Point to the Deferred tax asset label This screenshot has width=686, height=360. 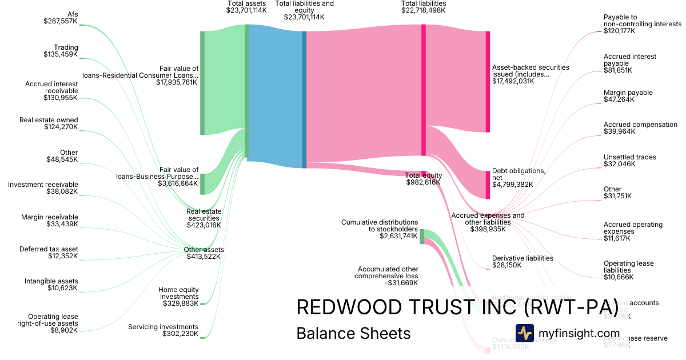point(49,253)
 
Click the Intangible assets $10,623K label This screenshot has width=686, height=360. point(51,285)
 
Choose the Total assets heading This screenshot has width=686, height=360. point(246,7)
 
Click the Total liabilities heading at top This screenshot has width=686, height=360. point(423,7)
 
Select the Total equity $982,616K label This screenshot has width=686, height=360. point(423,178)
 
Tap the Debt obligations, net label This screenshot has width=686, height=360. point(519,177)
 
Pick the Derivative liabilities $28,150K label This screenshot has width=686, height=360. point(523,261)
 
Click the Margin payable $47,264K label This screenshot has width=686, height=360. point(628,96)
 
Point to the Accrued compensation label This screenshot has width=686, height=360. point(632,128)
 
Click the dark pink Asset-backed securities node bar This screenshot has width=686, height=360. point(488,82)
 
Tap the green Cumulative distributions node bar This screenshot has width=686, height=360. point(422,236)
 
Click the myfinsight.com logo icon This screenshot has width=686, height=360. point(524,333)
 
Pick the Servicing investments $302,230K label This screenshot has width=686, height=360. point(163,330)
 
